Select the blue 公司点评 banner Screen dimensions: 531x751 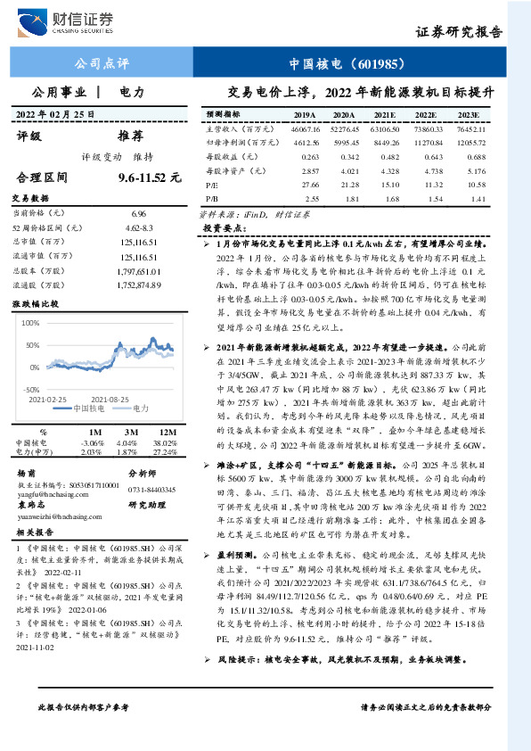point(101,64)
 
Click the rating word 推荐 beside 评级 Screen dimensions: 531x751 point(130,136)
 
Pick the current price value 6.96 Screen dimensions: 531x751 point(138,214)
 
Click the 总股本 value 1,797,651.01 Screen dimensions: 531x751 point(138,271)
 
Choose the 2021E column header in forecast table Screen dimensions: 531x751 point(385,115)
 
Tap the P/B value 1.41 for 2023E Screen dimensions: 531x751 point(478,197)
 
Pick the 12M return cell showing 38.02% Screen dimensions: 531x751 point(166,442)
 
